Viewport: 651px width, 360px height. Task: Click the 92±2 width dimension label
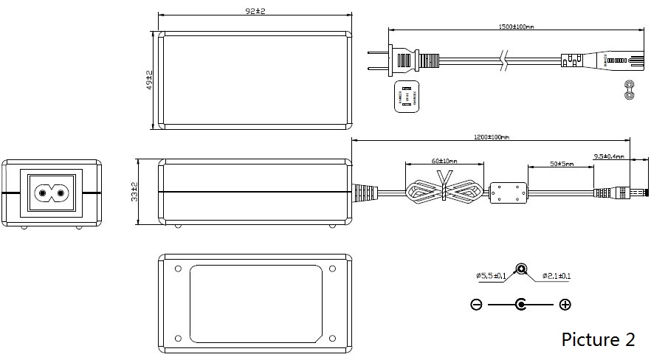click(x=255, y=11)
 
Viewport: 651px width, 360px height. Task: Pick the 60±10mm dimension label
click(x=444, y=160)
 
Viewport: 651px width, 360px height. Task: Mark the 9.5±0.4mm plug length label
click(x=609, y=156)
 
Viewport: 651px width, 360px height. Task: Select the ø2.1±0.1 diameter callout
click(x=557, y=276)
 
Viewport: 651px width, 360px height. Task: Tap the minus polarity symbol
click(x=476, y=304)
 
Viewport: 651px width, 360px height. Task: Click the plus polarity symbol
click(x=565, y=304)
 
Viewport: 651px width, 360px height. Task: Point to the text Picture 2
click(x=598, y=339)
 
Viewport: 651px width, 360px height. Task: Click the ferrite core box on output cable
click(x=508, y=193)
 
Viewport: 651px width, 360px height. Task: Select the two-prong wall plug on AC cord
click(x=402, y=59)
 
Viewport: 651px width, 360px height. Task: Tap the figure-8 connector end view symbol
click(x=630, y=89)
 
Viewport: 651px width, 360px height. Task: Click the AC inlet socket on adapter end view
click(x=51, y=193)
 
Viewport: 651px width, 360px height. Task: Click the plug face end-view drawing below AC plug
click(x=406, y=96)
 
